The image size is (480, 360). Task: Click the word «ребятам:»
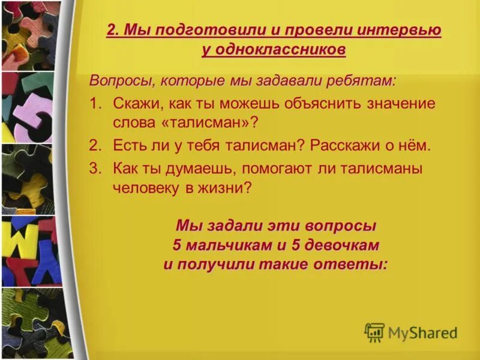point(365,81)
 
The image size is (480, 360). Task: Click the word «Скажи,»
point(134,103)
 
